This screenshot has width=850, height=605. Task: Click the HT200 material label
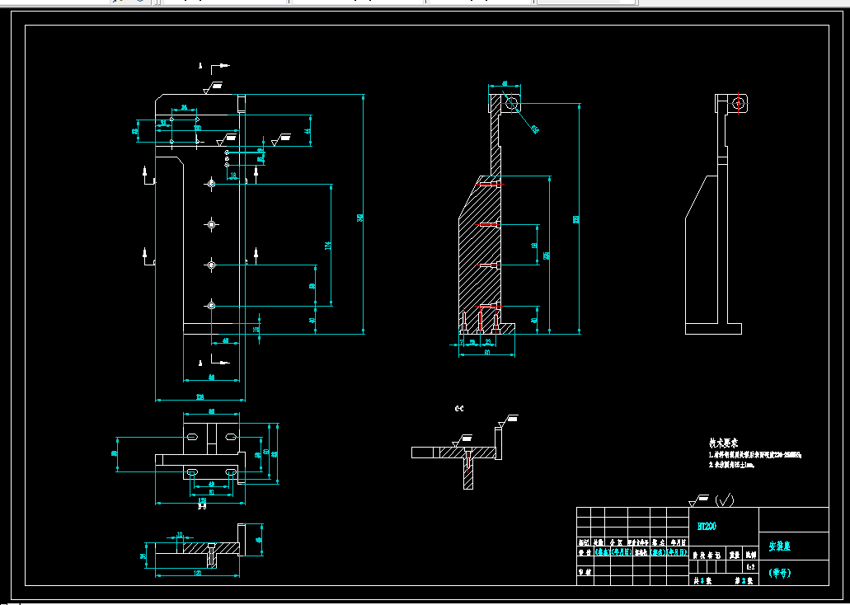707,526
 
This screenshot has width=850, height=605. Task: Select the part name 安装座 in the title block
779,546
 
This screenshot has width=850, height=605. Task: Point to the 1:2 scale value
749,567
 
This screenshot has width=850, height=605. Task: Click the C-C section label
459,408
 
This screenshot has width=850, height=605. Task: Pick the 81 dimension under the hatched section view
486,354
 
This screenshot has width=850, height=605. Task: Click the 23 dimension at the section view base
488,340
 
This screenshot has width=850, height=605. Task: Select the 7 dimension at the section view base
462,340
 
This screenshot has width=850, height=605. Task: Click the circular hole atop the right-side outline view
739,103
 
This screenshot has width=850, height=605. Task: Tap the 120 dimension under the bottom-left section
197,572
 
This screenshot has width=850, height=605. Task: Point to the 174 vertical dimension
327,245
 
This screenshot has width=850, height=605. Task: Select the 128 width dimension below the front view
200,397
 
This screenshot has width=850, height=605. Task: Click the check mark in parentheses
725,500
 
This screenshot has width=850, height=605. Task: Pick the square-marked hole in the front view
212,223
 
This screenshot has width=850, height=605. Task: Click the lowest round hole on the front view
212,306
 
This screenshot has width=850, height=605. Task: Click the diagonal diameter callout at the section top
534,128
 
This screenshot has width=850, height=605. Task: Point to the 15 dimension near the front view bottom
256,329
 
